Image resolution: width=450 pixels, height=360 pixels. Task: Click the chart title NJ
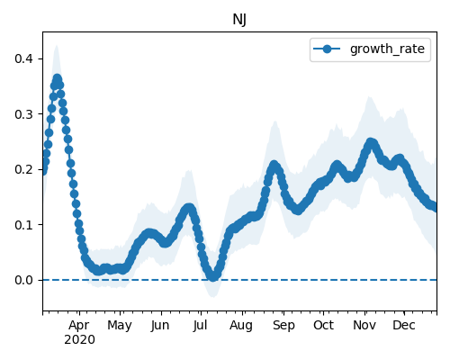pos(239,20)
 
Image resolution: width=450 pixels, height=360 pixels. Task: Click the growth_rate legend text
pos(387,49)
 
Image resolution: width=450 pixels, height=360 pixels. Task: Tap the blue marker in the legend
pos(327,49)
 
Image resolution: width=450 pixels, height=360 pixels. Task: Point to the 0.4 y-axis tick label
pos(23,58)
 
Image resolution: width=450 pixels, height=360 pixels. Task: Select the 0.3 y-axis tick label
pos(23,114)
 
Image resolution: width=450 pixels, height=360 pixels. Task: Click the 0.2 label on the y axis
pos(23,169)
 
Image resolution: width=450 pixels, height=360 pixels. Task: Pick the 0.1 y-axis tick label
pos(23,225)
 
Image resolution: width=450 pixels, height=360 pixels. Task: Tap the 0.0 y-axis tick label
pos(23,280)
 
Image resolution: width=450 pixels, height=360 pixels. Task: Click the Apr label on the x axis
pos(79,326)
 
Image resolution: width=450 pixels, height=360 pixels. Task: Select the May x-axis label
pos(120,326)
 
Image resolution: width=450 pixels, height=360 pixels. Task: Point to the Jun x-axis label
pos(160,326)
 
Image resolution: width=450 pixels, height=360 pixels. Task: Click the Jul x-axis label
pos(200,326)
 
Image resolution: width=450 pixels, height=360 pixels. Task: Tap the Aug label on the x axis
pos(241,326)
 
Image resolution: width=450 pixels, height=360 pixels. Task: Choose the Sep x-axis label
pos(283,326)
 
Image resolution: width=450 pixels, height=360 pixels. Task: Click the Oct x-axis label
pos(323,325)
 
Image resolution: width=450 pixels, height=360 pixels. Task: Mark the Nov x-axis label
pos(364,325)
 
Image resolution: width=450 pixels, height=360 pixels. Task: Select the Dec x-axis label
pos(404,325)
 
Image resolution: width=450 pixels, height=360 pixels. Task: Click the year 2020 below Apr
pos(79,340)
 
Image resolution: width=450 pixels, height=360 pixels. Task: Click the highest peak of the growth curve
pos(57,79)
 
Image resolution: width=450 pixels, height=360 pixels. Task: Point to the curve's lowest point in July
pos(213,276)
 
